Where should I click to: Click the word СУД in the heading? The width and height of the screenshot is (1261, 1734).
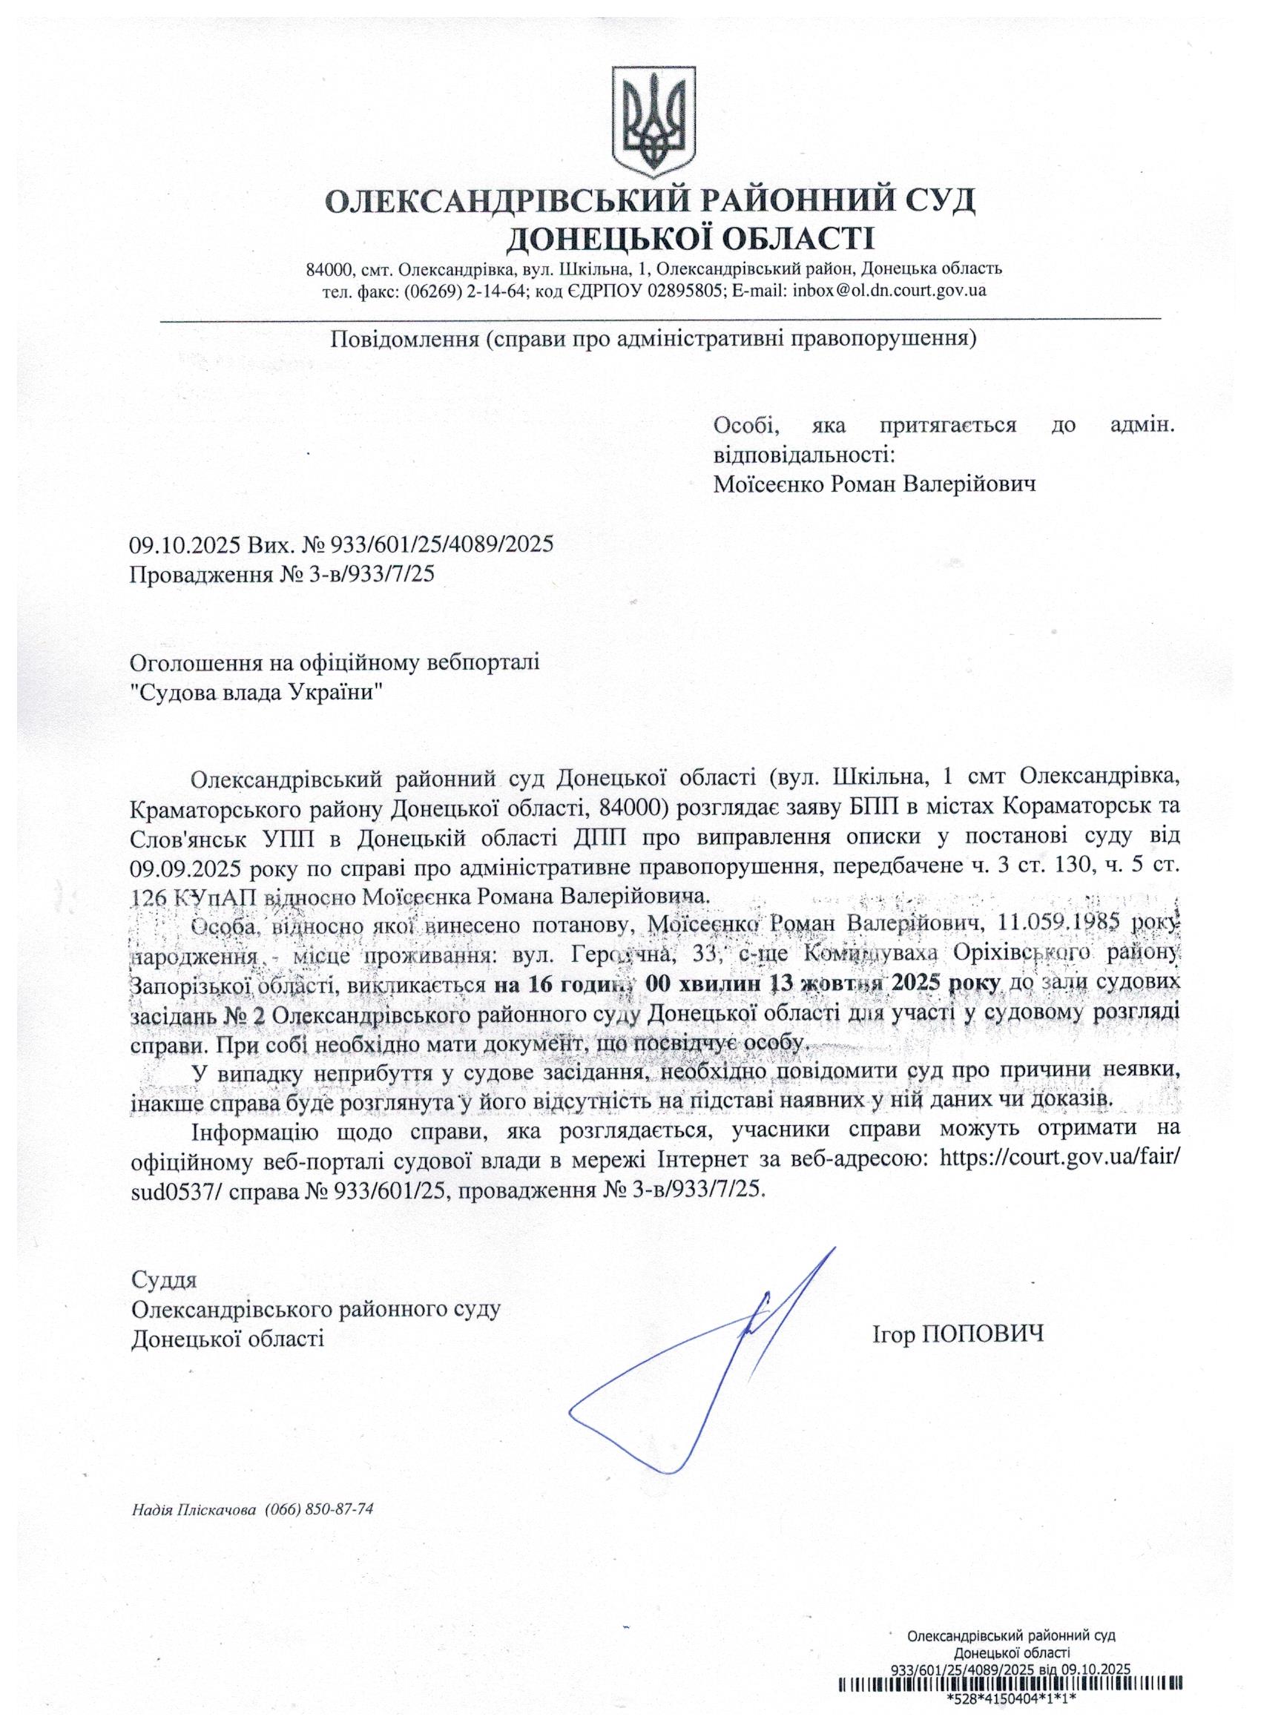(x=938, y=202)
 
